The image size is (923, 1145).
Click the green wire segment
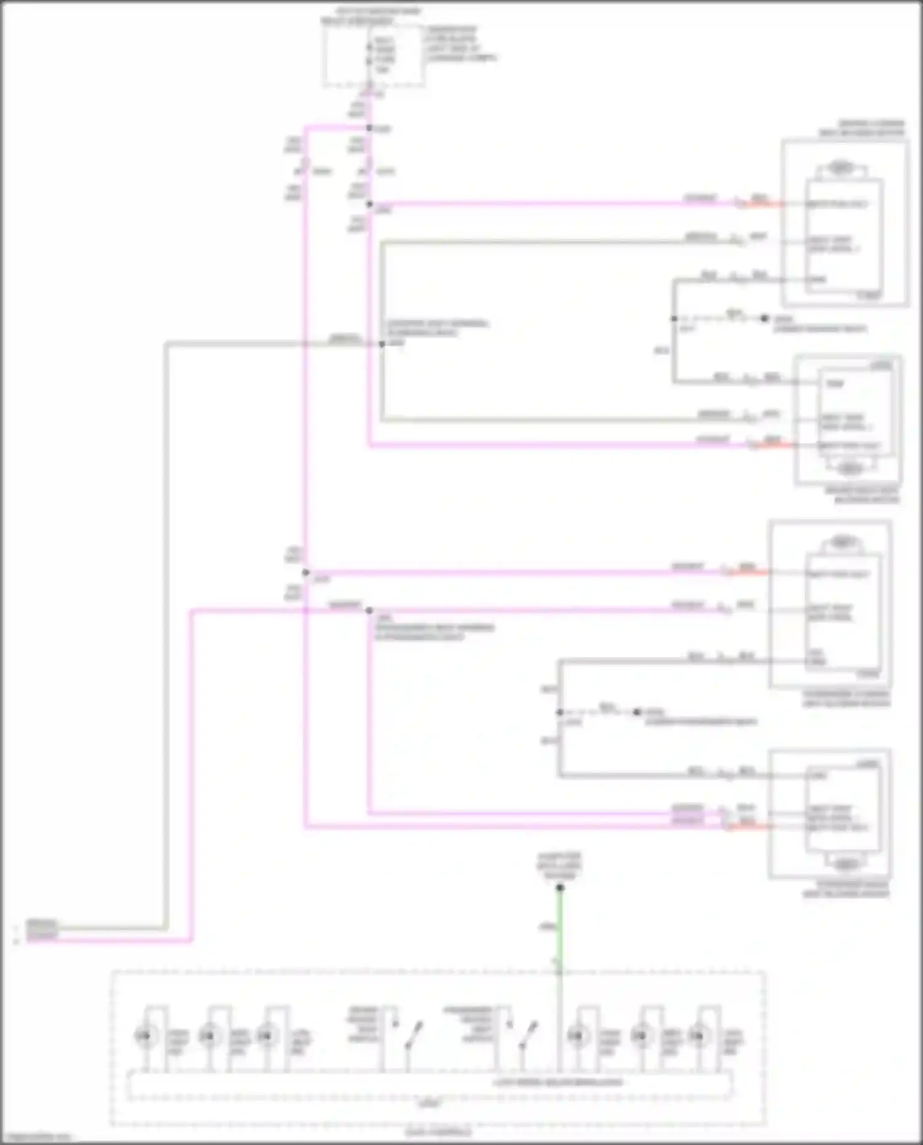pyautogui.click(x=560, y=929)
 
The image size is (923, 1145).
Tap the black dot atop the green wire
pyautogui.click(x=560, y=887)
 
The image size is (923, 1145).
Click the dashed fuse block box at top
pyautogui.click(x=374, y=55)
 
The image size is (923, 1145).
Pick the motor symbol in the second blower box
pyautogui.click(x=850, y=469)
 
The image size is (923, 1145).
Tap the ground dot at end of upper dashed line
pyautogui.click(x=764, y=318)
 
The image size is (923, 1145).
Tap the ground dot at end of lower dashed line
pyautogui.click(x=637, y=712)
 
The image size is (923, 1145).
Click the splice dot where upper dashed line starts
pyautogui.click(x=674, y=319)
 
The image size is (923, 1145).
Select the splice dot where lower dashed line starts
pyautogui.click(x=559, y=712)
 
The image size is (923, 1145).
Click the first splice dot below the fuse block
pyautogui.click(x=369, y=128)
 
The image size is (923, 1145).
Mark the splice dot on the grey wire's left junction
pyautogui.click(x=382, y=344)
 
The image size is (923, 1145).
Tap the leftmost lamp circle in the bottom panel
pyautogui.click(x=143, y=1036)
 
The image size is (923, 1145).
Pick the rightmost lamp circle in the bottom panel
pyautogui.click(x=697, y=1036)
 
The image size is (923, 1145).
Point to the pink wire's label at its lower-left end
pyautogui.click(x=42, y=937)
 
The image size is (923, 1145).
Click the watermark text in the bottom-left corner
pyautogui.click(x=36, y=1137)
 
